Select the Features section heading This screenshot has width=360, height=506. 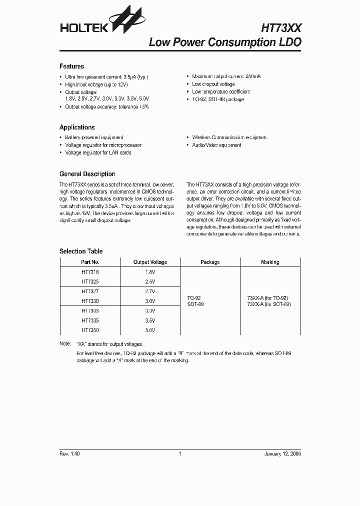[71, 66]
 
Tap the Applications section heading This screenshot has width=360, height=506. [77, 127]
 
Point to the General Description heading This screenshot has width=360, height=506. [87, 174]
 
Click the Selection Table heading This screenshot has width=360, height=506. [80, 251]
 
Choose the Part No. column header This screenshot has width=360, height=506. [90, 262]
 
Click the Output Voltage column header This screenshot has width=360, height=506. [150, 262]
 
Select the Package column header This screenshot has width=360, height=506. [210, 262]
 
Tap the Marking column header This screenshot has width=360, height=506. [270, 262]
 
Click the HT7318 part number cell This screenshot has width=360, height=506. [90, 272]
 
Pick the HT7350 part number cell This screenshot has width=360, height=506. [90, 330]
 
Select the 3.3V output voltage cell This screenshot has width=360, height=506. [150, 311]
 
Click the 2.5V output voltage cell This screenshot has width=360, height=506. [150, 281]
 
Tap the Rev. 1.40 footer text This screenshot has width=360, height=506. [69, 453]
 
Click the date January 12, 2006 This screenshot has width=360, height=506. [282, 453]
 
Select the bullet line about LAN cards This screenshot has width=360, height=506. [98, 152]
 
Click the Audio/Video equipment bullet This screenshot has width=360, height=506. [216, 145]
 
